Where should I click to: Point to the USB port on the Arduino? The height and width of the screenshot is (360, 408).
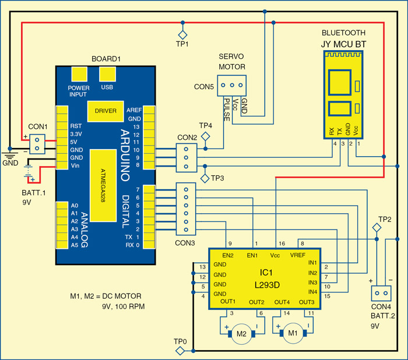(107, 75)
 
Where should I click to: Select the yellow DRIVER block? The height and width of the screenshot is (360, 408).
(105, 110)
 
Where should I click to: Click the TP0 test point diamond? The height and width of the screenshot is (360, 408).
(181, 350)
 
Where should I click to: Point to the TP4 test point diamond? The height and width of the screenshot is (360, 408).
(205, 136)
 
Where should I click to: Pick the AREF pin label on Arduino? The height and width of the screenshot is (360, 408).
(134, 110)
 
